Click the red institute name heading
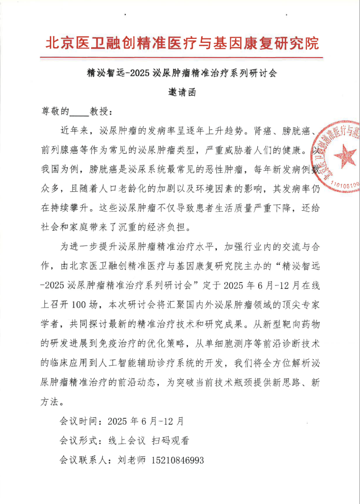pyautogui.click(x=182, y=43)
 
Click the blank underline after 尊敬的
pyautogui.click(x=79, y=112)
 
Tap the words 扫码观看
pyautogui.click(x=171, y=441)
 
